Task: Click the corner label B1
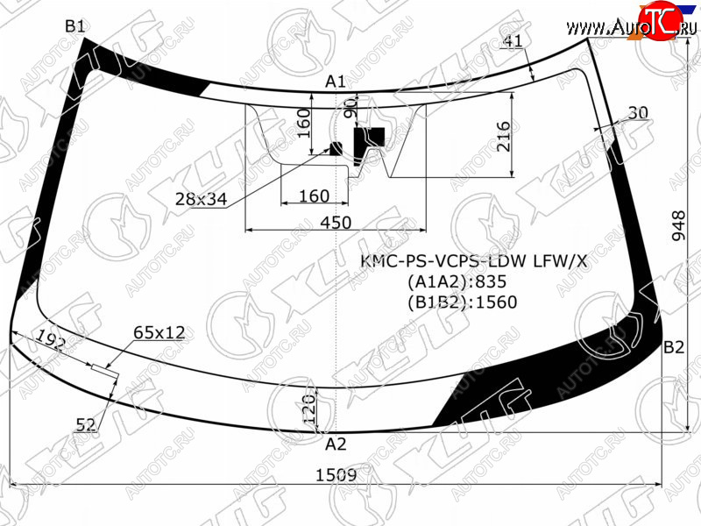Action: (x=74, y=26)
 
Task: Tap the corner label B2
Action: (x=674, y=347)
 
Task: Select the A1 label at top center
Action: (x=336, y=82)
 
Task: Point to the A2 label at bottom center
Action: (x=336, y=444)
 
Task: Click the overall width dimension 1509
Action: (x=336, y=475)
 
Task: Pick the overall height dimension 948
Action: (x=678, y=226)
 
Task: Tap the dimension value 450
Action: (x=336, y=223)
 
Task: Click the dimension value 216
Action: (x=503, y=137)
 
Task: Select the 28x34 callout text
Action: (x=202, y=199)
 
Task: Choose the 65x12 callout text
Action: (x=159, y=332)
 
